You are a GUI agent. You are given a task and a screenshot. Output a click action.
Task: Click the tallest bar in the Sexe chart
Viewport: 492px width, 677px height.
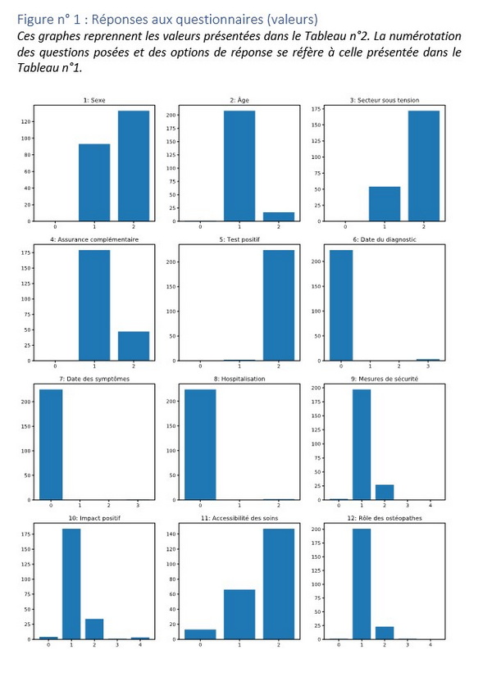(x=134, y=166)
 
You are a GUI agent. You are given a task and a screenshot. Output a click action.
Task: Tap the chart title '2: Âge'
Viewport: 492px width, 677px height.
(x=239, y=101)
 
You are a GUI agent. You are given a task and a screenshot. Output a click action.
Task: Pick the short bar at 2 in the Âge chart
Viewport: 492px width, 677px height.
(x=278, y=216)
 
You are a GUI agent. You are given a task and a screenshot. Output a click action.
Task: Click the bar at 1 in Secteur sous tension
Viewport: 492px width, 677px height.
(x=385, y=204)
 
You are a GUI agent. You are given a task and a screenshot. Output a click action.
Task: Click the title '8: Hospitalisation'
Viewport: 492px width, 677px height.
(x=239, y=379)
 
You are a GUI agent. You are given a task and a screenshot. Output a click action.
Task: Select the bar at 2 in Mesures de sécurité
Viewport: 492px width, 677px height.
(x=385, y=492)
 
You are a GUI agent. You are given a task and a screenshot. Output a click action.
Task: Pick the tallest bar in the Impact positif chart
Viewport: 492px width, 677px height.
(x=71, y=584)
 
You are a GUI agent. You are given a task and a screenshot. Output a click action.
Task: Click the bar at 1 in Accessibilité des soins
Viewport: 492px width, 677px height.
(x=239, y=614)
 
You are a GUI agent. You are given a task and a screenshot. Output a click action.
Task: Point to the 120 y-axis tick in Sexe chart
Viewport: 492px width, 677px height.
(x=30, y=122)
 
